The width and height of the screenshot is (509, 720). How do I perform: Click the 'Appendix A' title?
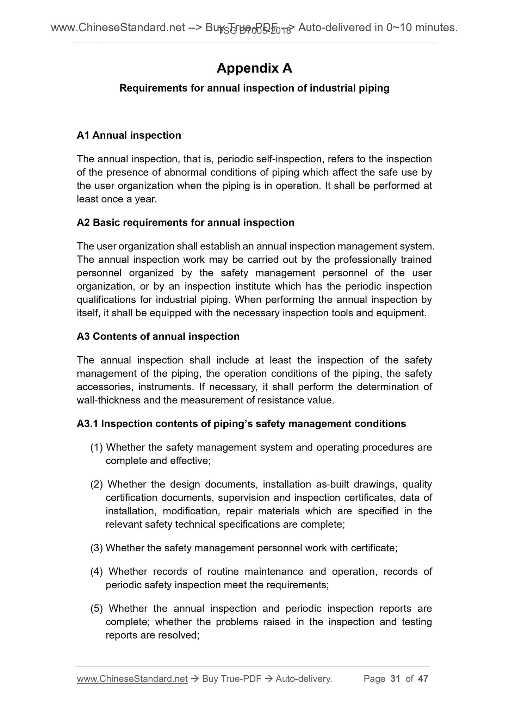coord(254,68)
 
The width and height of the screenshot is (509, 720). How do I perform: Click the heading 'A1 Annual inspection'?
coord(129,135)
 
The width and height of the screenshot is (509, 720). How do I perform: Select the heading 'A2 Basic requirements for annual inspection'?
coord(185,223)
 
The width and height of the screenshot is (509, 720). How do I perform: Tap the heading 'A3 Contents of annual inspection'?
coord(158,336)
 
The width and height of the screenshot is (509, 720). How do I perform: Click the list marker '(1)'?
coord(97,447)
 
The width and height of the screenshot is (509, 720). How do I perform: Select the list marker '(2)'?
coord(97,484)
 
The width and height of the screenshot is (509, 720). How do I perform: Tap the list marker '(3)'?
coord(97,548)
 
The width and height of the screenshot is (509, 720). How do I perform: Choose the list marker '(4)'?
coord(97,571)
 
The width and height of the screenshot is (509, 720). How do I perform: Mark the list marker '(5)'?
coord(97,608)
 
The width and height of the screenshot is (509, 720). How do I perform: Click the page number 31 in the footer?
coord(396,678)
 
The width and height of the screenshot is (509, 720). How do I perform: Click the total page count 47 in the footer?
coord(423,678)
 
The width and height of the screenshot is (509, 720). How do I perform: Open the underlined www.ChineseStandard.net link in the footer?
coord(132,679)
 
